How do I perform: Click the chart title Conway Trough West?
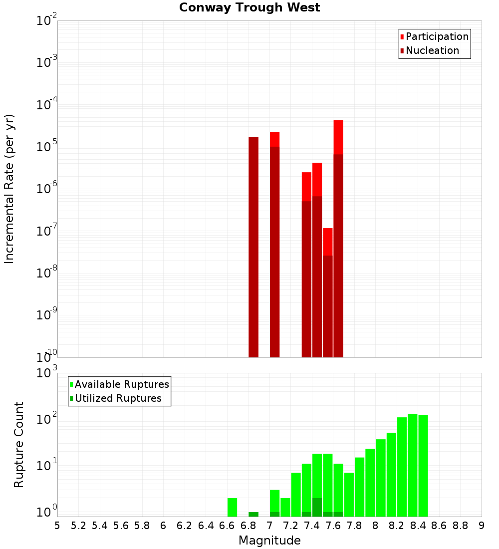[249, 7]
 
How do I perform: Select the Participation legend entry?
[437, 36]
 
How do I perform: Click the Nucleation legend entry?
[432, 50]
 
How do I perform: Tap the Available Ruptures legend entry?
[121, 384]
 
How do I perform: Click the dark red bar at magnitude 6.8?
[253, 247]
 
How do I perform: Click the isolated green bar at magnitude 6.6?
[232, 507]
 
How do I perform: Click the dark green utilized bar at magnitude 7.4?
[317, 507]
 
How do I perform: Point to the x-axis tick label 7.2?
[290, 526]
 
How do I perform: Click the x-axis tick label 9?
[482, 526]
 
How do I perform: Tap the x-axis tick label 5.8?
[142, 526]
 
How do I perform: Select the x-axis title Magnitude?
[269, 541]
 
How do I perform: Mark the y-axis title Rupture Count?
[19, 444]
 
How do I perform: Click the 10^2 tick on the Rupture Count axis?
[47, 419]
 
